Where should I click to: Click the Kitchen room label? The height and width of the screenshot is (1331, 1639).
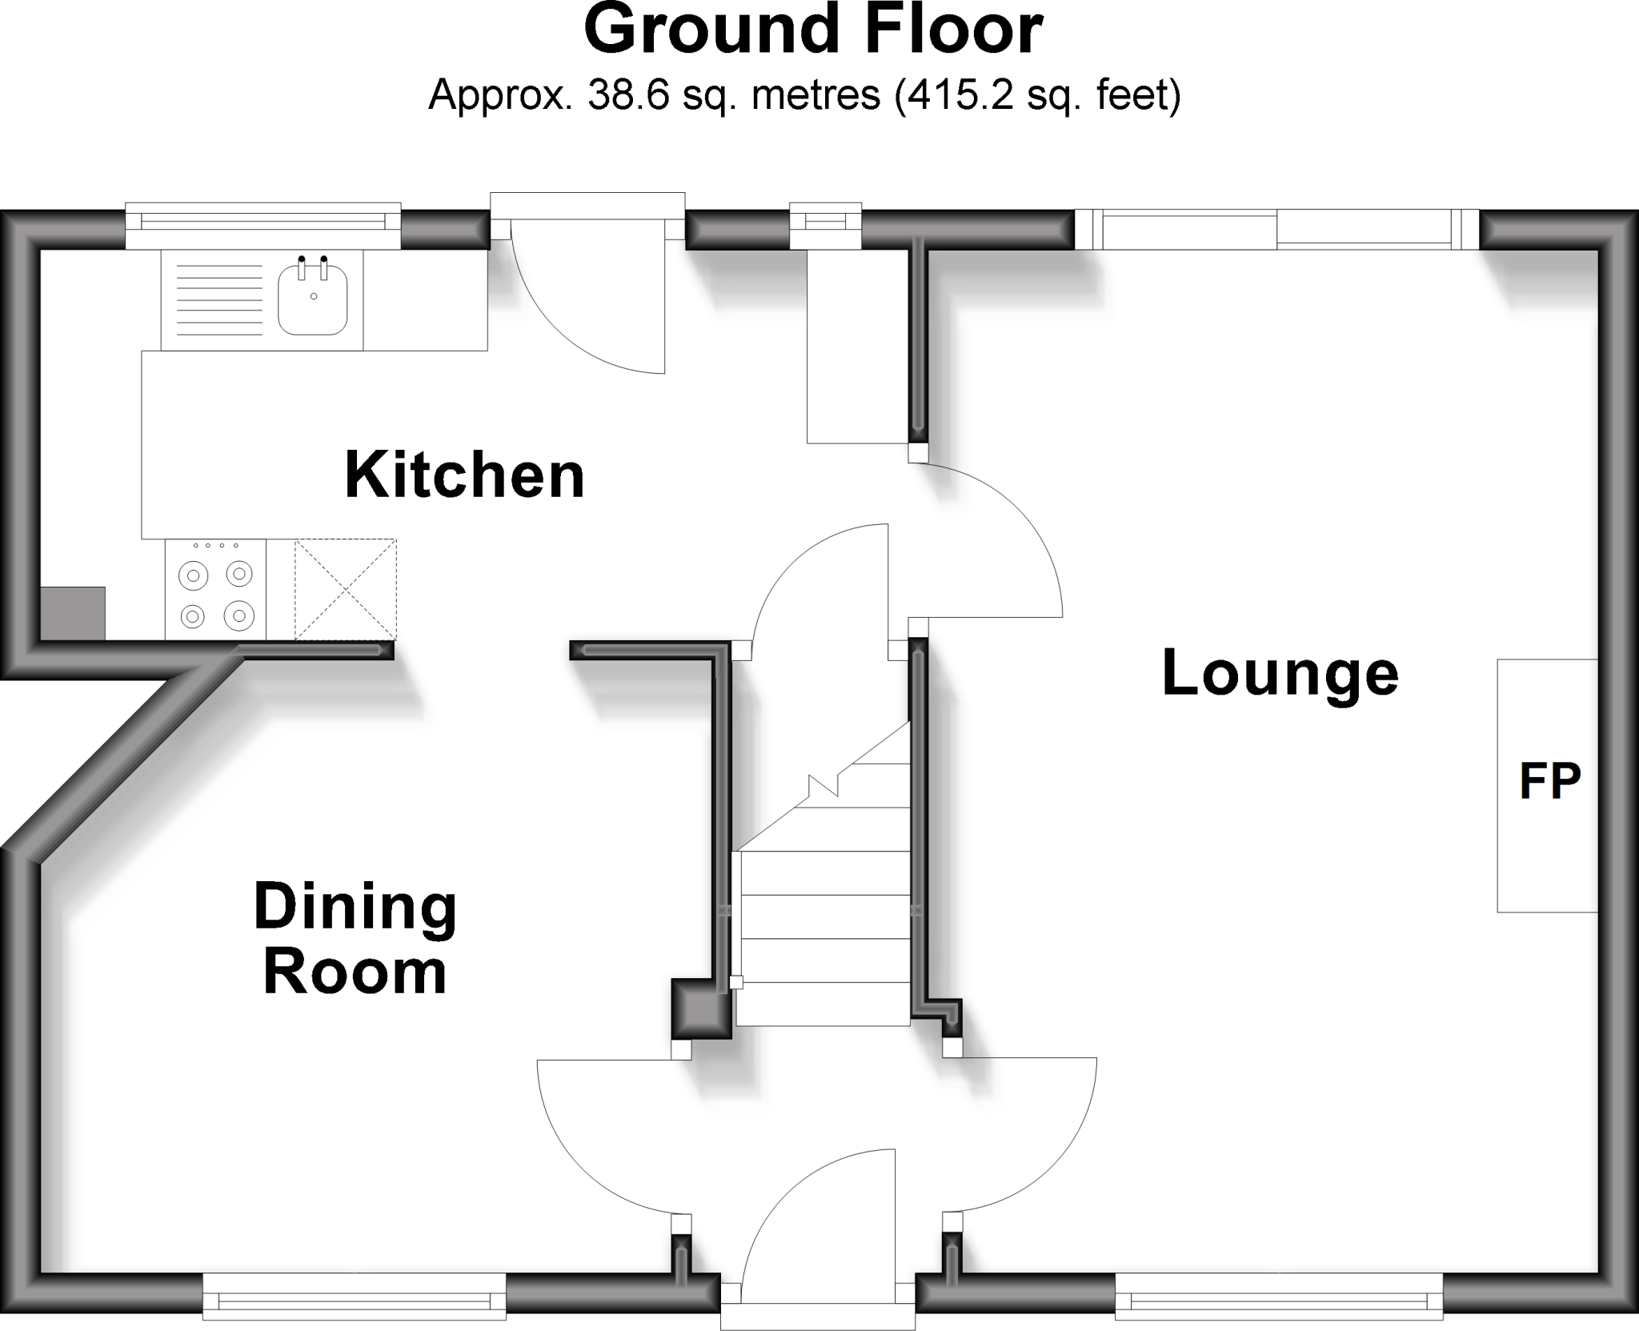click(x=464, y=476)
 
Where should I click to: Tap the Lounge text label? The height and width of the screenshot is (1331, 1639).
click(x=1280, y=674)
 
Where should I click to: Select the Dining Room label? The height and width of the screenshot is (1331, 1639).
click(x=355, y=939)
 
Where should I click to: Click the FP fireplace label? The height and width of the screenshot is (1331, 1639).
click(x=1549, y=781)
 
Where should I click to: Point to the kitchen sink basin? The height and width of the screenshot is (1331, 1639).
click(x=313, y=301)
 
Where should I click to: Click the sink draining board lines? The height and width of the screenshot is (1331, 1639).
click(x=218, y=300)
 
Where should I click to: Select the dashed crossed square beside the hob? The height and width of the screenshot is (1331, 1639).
click(x=346, y=590)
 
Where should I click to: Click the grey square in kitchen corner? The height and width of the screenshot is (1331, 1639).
click(x=73, y=613)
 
